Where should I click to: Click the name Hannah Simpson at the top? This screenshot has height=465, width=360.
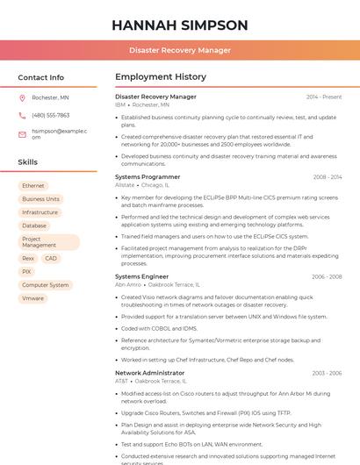tap(179, 25)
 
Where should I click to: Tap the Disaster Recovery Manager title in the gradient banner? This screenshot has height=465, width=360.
tap(179, 50)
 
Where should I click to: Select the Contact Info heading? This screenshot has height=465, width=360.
tap(41, 77)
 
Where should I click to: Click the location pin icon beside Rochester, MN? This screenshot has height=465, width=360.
tap(22, 97)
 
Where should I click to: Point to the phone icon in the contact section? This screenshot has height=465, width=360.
tap(22, 115)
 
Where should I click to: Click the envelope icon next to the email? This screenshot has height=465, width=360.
tap(22, 134)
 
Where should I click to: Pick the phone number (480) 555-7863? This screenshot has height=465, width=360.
tap(50, 115)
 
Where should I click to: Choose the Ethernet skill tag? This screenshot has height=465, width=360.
tap(33, 186)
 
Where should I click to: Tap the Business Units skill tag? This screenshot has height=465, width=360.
tap(40, 199)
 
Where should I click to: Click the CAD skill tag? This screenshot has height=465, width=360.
tap(51, 259)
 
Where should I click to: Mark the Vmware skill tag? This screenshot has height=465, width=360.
tap(32, 298)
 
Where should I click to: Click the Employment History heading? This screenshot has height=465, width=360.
tap(161, 77)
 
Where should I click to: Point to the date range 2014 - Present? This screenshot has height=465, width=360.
tap(324, 97)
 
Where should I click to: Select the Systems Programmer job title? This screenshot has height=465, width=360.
tap(148, 177)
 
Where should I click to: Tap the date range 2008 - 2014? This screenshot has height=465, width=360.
tap(328, 177)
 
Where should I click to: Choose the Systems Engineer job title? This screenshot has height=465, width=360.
tap(141, 276)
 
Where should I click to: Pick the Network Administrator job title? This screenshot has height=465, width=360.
tap(150, 373)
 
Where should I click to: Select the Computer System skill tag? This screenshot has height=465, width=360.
tap(46, 285)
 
